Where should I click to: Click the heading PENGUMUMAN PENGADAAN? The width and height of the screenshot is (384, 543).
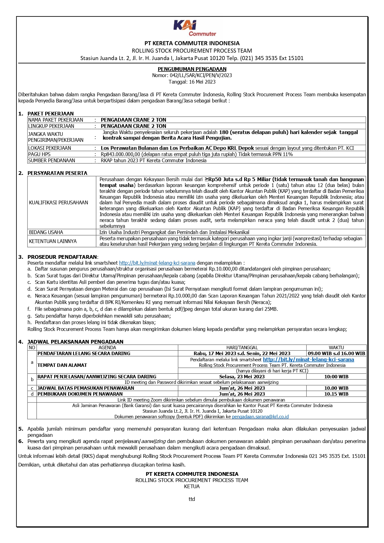pos(192,69)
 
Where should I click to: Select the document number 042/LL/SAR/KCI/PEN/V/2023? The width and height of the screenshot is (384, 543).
pos(201,75)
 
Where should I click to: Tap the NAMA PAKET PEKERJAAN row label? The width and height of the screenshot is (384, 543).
pos(56,120)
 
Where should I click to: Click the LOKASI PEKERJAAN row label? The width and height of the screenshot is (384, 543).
pos(50,148)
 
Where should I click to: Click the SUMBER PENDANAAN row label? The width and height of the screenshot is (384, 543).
pos(52,160)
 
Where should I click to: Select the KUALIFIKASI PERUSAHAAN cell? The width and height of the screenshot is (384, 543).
pos(58,202)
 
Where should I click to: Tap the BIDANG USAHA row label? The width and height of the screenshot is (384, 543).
pos(46,232)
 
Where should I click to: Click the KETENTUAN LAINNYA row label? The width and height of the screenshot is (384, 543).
pos(53,241)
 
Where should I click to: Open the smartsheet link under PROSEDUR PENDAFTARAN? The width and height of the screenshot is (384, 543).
pos(157,263)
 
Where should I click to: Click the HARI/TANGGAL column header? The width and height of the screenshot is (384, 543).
pos(242,348)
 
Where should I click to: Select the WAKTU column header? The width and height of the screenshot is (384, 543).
pos(336,348)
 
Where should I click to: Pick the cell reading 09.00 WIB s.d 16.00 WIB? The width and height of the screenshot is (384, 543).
pos(336,353)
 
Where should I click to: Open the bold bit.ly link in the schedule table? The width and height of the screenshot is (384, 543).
pos(308,359)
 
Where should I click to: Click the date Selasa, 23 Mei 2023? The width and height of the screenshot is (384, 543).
pos(242,377)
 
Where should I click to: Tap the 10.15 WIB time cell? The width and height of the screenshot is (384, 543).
pos(336,394)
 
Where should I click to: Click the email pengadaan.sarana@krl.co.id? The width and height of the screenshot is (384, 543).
pos(260,417)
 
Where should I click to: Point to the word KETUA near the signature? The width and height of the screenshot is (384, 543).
pos(192,486)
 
